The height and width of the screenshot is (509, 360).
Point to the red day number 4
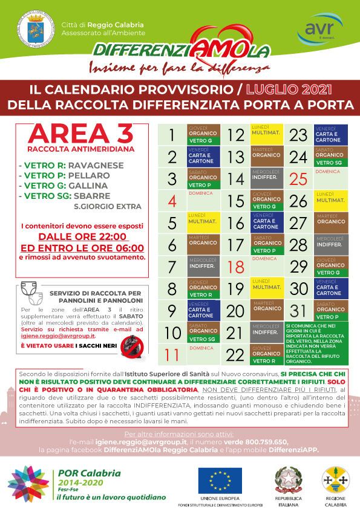[172, 201]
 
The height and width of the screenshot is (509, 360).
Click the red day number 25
[298, 179]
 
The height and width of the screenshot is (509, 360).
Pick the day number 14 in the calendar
[235, 179]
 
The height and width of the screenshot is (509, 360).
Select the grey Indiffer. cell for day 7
[203, 266]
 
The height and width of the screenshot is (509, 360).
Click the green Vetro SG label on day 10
[203, 339]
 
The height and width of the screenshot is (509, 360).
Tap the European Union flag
[221, 480]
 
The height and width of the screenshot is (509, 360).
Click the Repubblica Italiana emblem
[289, 480]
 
